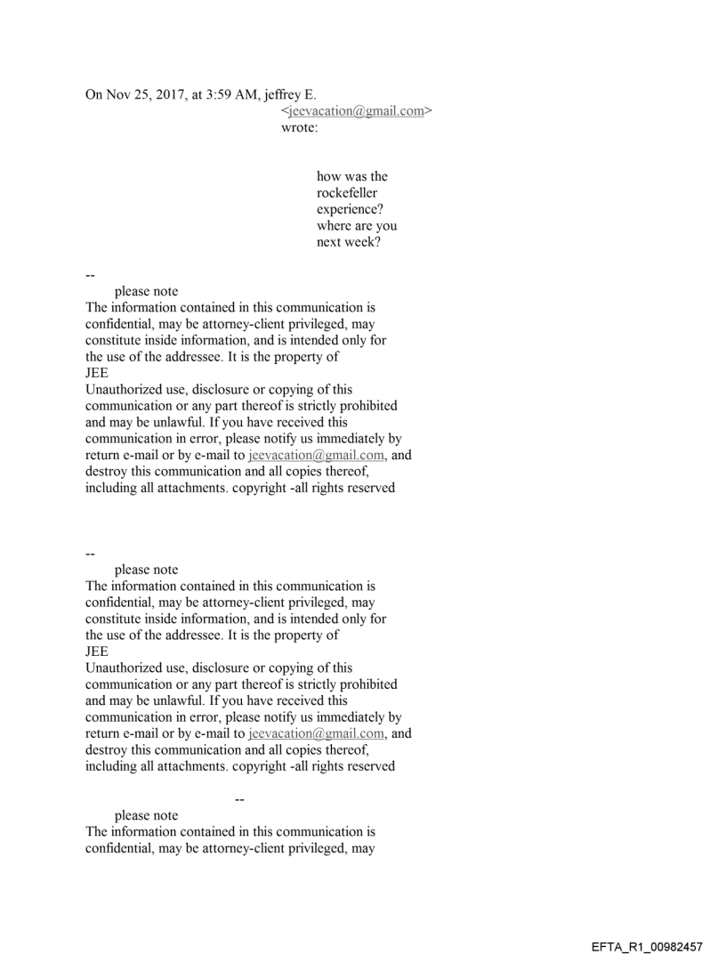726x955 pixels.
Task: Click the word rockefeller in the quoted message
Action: click(352, 192)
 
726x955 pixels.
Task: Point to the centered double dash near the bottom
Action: click(238, 800)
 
